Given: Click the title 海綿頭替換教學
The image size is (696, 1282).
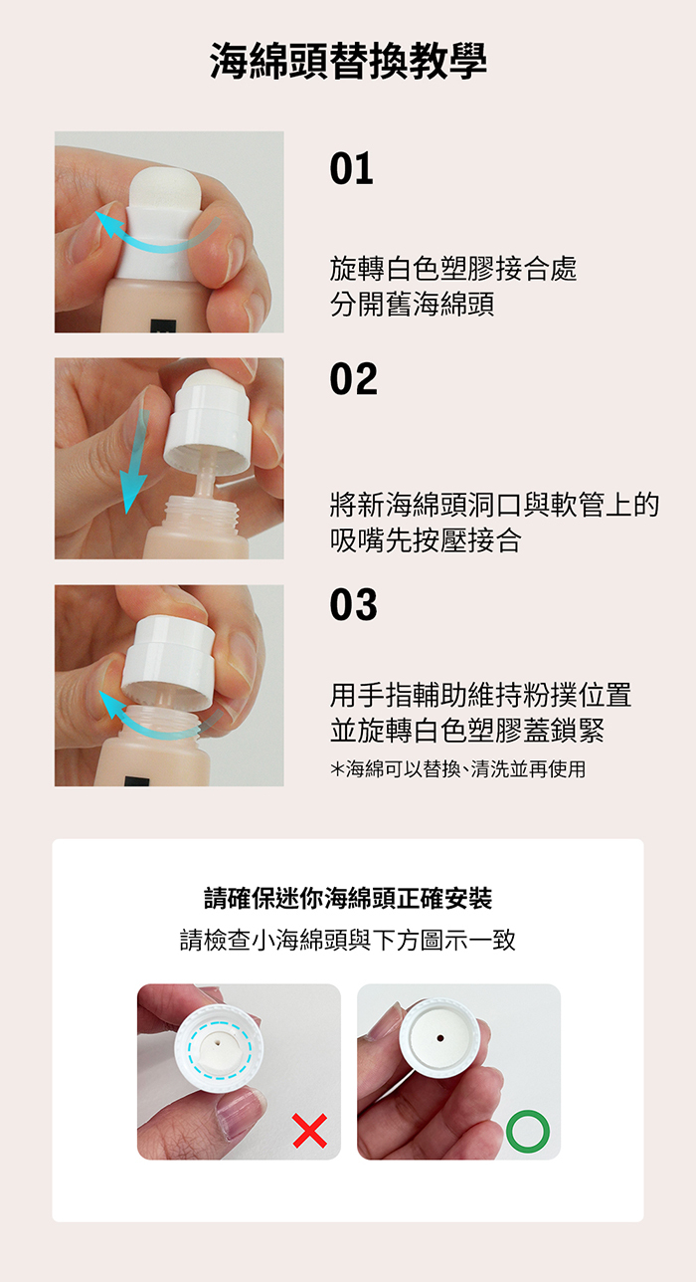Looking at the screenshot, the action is (x=348, y=61).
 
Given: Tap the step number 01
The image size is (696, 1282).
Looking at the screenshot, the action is (x=352, y=169).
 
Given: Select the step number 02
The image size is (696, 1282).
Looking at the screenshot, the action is (x=353, y=378).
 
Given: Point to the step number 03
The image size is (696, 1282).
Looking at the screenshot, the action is (x=353, y=604).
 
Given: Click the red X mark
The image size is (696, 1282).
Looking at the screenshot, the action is (x=310, y=1131).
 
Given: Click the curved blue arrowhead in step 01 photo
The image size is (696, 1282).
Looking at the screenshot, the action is (x=108, y=223).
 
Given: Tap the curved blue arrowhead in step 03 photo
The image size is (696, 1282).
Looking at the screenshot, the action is (x=112, y=704).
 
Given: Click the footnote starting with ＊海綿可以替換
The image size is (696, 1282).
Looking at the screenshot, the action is (x=458, y=769).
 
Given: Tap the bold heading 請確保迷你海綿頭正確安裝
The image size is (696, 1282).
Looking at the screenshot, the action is (x=348, y=898).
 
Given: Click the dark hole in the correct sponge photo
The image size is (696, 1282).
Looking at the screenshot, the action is (x=439, y=1038).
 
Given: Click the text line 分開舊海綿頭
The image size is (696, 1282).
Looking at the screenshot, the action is (x=413, y=304).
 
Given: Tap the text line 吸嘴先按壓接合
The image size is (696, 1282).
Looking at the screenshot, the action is (x=426, y=540).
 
